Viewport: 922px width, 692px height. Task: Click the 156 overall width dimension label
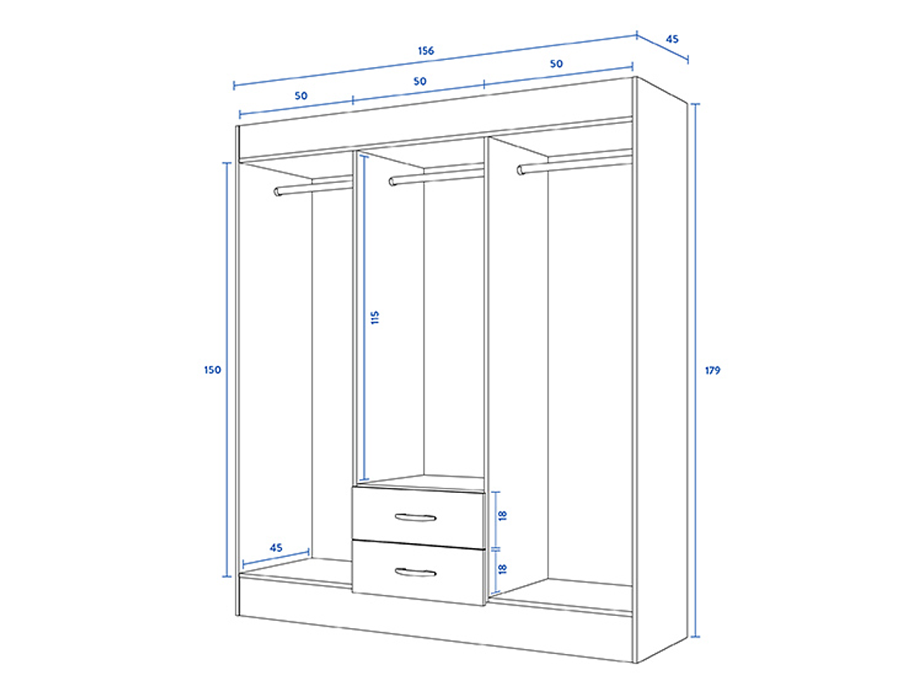pos(425,51)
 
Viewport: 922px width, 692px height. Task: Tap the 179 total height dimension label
pos(712,370)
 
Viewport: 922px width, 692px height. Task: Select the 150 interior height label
pos(212,370)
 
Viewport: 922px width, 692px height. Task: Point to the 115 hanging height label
pos(375,318)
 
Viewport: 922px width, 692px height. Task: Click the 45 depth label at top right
pos(672,39)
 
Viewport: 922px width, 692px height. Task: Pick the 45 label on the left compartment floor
pos(276,548)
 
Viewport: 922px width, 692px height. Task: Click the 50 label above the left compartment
pos(301,96)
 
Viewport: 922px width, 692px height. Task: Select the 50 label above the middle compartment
pos(419,81)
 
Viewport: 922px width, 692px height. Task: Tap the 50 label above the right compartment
pos(556,64)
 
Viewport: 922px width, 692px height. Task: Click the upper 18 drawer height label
pos(502,516)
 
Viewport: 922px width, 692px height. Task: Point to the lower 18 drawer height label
pos(502,569)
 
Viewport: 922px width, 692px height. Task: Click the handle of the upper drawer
pos(416,518)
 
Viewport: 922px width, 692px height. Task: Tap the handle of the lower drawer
pos(416,572)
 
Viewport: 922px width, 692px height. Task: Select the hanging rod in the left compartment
pos(313,187)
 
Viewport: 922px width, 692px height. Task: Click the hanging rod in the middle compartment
pos(436,176)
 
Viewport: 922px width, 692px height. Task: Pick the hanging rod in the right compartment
pos(574,163)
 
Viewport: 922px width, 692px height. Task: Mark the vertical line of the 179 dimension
pos(696,370)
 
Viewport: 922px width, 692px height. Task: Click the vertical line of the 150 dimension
pos(227,370)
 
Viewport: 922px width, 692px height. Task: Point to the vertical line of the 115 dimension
pos(364,318)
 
